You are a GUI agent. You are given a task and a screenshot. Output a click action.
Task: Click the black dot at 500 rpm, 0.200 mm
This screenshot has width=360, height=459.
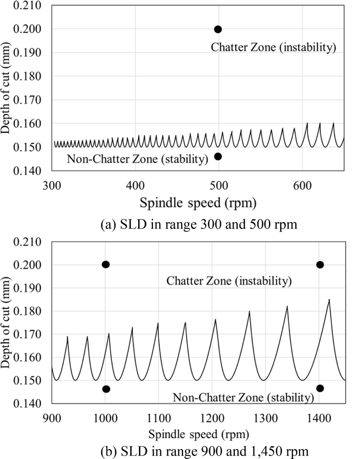pos(218,29)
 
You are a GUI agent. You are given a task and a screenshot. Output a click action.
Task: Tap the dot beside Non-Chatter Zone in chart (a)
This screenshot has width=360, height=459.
pos(218,156)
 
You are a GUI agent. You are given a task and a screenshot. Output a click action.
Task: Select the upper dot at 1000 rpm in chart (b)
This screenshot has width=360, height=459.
pos(106,264)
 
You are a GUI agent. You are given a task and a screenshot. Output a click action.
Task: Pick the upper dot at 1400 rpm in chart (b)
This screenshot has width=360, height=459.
pos(320,264)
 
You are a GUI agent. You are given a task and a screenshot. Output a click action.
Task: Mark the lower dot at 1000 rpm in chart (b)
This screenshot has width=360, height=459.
pos(106,389)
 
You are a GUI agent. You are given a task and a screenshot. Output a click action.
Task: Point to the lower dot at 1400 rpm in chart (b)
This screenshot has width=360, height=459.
pos(320,388)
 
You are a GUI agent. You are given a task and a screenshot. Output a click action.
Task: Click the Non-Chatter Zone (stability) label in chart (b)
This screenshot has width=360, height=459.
pos(243,397)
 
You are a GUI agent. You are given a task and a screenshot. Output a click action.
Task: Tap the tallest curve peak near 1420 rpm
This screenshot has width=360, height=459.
pos(329,300)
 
